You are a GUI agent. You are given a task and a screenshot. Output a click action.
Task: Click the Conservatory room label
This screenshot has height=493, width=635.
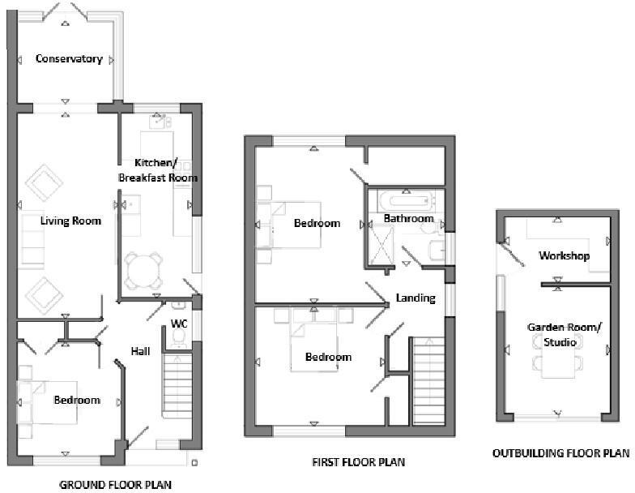[x=69, y=59]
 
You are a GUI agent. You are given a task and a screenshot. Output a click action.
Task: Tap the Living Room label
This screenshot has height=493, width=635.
[x=71, y=221]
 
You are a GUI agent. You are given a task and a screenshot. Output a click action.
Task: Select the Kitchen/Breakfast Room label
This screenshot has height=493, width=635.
[x=158, y=169]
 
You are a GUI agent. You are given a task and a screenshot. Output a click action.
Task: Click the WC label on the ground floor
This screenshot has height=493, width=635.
[x=179, y=324]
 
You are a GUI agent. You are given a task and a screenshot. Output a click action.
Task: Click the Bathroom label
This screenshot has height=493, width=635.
[x=408, y=219]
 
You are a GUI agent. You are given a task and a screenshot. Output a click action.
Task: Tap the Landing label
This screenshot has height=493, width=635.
[x=416, y=298]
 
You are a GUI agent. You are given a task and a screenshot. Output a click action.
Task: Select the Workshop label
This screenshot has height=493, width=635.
[x=564, y=256]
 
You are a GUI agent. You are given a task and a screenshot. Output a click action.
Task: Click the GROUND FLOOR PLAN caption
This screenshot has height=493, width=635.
[x=116, y=485]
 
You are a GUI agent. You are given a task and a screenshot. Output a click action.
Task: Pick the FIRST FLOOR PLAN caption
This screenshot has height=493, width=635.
[x=358, y=462]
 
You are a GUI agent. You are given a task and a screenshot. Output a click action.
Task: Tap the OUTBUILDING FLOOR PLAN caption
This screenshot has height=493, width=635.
[x=560, y=453]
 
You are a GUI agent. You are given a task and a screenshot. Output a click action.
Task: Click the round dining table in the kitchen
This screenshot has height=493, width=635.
[x=143, y=270]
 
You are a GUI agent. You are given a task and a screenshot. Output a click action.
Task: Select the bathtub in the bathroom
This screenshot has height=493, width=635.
[x=404, y=199]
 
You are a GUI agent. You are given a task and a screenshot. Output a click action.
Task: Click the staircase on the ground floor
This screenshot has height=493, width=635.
[x=177, y=385]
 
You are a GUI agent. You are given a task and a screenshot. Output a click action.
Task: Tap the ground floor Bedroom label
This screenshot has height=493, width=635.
[x=77, y=401]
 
